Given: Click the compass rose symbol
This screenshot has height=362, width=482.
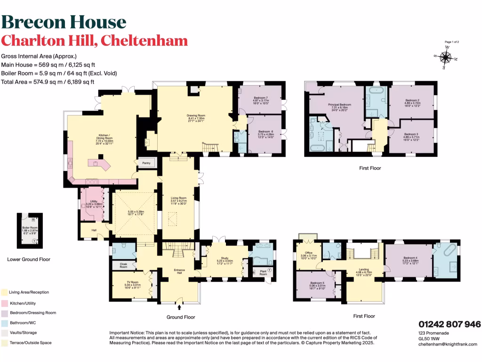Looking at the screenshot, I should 445,58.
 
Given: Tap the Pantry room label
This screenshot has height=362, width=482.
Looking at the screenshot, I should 145,163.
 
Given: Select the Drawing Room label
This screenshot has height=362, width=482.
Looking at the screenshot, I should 195,117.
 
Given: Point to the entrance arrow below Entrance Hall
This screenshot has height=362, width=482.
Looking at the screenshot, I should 178,307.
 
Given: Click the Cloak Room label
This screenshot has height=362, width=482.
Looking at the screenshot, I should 124,265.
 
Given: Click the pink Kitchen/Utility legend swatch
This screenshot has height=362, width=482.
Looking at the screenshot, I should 4,304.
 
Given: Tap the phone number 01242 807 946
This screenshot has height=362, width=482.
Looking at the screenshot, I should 450,324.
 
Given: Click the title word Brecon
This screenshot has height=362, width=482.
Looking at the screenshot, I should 33,22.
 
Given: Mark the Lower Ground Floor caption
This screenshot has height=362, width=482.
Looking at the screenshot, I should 29,259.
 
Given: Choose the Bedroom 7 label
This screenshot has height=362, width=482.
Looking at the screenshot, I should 260,99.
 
